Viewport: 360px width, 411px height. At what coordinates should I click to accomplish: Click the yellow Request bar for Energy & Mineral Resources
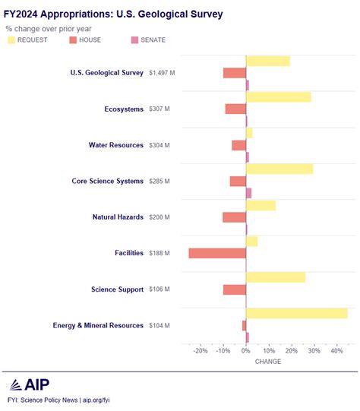pos(297,313)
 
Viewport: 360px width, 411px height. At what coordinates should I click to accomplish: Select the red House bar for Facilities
pos(217,253)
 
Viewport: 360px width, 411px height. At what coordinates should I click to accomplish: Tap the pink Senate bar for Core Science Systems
pos(248,193)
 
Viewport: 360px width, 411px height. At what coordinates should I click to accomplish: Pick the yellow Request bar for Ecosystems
pos(279,97)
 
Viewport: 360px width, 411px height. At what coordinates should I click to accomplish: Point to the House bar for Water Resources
pos(239,145)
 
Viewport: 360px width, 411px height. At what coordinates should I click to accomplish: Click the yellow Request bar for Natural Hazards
pos(261,205)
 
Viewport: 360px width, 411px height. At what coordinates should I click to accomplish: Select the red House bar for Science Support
pos(235,289)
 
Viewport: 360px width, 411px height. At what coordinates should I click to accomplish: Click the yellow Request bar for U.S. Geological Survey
pos(268,61)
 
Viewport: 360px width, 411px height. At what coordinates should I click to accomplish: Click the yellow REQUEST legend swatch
pos(11,40)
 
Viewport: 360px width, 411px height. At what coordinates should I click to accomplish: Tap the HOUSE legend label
pos(90,40)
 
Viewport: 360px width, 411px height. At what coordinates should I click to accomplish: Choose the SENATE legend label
pos(153,40)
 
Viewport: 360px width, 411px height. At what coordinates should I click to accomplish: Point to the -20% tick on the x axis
pos(201,344)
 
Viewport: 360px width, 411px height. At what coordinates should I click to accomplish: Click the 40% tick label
pos(336,351)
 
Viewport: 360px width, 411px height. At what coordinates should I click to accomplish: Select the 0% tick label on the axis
pos(246,351)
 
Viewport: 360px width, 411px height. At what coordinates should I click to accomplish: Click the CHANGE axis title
pos(268,362)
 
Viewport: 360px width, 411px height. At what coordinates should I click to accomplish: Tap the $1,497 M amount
pos(162,73)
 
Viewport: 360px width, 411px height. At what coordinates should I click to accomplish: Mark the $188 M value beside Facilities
pos(159,253)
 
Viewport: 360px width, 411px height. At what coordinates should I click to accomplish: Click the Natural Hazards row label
pos(118,217)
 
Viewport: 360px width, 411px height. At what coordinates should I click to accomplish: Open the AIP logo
pos(30,384)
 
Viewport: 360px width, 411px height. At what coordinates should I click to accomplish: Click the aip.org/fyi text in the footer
pos(96,400)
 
